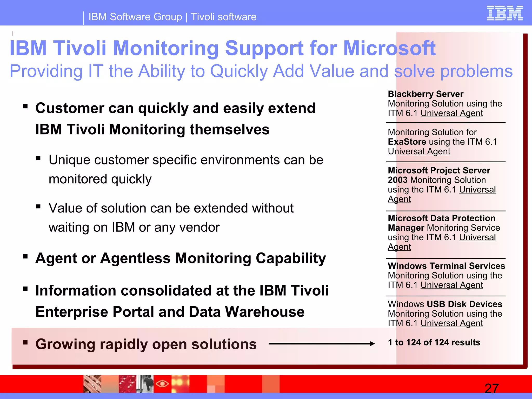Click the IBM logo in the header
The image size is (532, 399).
click(x=504, y=13)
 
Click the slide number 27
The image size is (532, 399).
click(x=491, y=389)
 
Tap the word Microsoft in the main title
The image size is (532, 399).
click(x=389, y=48)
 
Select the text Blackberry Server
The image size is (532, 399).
click(x=425, y=94)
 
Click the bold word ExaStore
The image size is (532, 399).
click(x=407, y=142)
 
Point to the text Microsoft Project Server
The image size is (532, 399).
click(x=439, y=170)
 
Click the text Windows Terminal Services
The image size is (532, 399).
click(x=446, y=266)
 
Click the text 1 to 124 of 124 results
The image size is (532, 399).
click(x=434, y=342)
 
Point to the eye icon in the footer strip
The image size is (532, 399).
click(x=162, y=383)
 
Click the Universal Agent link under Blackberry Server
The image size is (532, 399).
click(x=452, y=113)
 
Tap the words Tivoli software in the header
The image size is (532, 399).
click(x=223, y=17)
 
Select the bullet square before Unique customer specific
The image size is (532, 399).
click(x=38, y=158)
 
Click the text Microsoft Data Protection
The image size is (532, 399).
click(x=441, y=218)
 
